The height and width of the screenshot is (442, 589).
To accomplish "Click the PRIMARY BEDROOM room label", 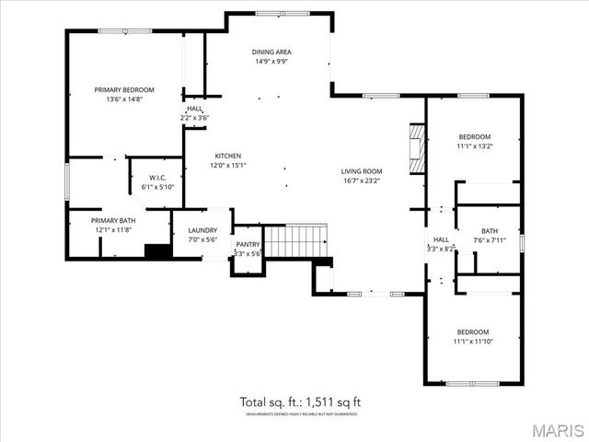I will coord(124,89).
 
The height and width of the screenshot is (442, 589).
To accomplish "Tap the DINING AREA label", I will coord(272,52).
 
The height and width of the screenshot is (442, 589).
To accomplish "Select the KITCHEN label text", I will coord(228,156).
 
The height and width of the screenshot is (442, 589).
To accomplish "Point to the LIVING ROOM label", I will coord(361,171).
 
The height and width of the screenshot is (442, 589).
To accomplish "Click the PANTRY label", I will coord(248,244).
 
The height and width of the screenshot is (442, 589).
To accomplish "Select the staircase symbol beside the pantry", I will coord(295,240).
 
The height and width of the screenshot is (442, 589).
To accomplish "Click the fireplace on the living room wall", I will coord(417,148).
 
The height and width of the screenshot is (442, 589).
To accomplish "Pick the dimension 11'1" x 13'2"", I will coord(474,145).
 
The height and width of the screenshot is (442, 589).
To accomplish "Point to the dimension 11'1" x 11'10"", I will coord(474,342).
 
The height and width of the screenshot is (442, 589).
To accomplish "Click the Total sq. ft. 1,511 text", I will coord(300,401).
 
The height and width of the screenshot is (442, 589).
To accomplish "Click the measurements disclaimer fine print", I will coord(300,415).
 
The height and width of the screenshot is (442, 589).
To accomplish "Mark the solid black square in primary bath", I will coord(158,250).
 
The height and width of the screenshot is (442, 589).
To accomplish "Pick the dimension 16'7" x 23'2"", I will coord(361,181).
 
